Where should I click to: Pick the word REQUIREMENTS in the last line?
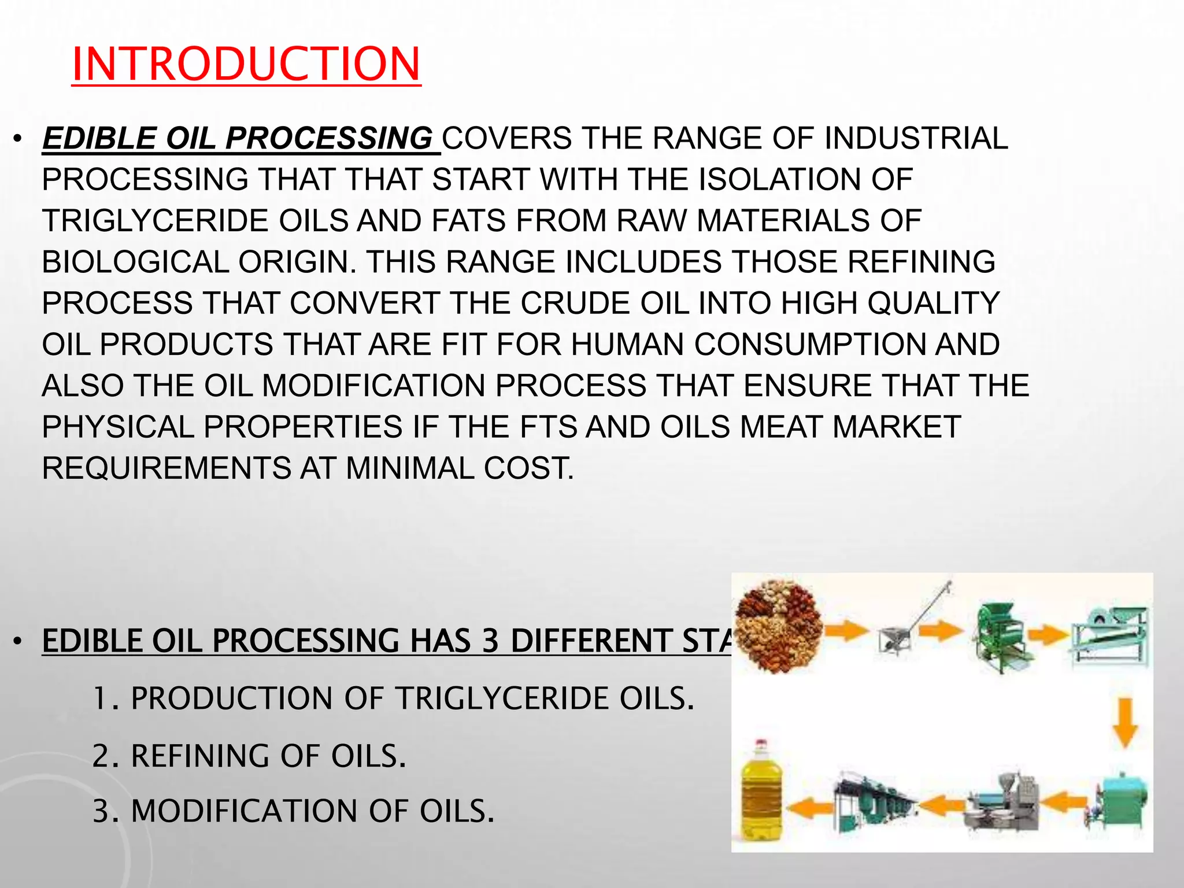166,468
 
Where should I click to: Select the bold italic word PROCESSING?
328,139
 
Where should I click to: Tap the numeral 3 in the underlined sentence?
490,641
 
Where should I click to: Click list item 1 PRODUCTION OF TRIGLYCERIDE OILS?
393,698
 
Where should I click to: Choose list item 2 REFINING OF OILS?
249,756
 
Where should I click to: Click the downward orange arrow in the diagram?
1125,722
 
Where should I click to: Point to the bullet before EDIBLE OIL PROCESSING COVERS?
18,140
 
